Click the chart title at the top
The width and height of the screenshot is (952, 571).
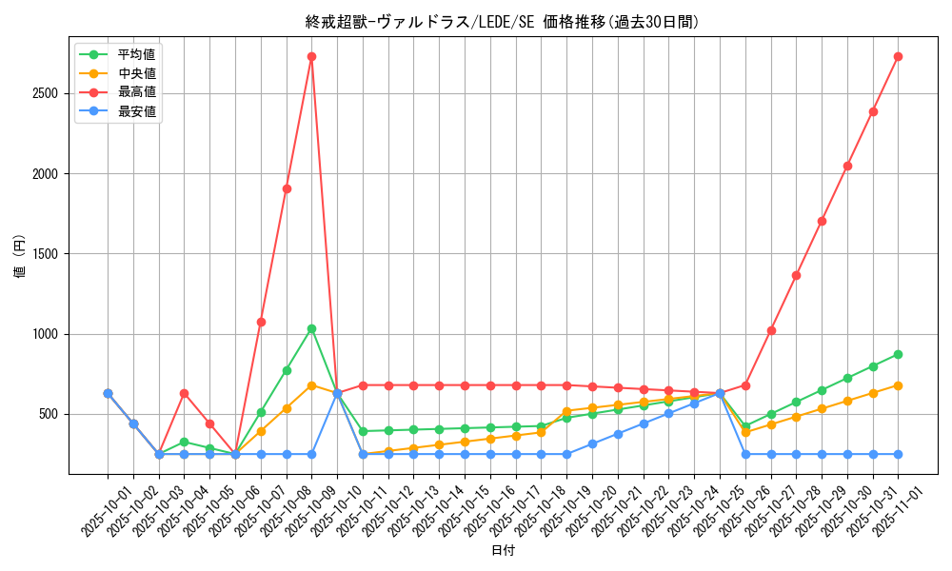(x=502, y=22)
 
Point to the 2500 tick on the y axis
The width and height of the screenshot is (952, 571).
(x=44, y=93)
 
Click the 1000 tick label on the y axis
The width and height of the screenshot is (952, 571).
(x=44, y=334)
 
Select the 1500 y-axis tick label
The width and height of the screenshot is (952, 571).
(x=44, y=254)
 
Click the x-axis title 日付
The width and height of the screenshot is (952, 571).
(x=503, y=551)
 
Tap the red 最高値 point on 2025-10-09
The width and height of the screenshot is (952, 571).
(x=311, y=57)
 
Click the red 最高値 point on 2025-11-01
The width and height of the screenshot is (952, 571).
(x=898, y=57)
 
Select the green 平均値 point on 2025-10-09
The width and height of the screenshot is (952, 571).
(x=311, y=329)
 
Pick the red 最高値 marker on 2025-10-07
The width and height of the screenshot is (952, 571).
(x=261, y=322)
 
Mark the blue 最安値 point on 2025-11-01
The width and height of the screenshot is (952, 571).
(x=898, y=454)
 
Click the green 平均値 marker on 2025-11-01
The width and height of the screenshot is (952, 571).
(x=898, y=354)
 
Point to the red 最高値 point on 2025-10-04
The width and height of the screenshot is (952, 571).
(x=184, y=393)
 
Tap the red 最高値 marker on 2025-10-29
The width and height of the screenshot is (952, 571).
(x=822, y=221)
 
